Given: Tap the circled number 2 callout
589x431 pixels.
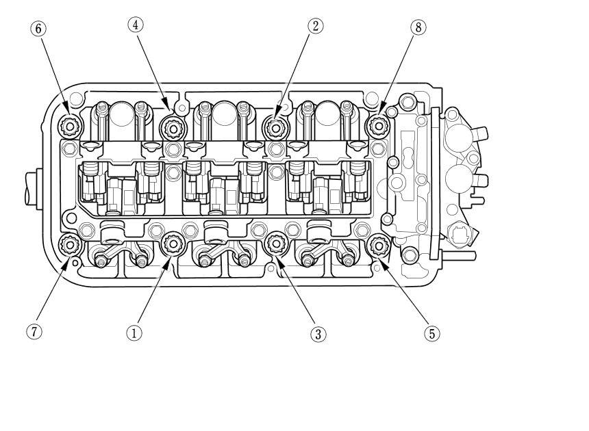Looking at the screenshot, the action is tap(315, 26).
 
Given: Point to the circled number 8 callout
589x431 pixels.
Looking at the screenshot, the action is tap(418, 27).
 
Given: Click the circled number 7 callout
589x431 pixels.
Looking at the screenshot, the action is tap(34, 332).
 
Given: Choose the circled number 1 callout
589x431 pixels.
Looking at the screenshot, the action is tap(134, 332).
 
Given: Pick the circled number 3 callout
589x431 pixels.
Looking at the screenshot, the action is tap(318, 334).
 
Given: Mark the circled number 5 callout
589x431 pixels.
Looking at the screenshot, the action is tap(431, 333).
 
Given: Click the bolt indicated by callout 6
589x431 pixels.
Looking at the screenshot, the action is tap(70, 126).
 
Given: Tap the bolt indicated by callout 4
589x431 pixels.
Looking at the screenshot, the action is tap(173, 129).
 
